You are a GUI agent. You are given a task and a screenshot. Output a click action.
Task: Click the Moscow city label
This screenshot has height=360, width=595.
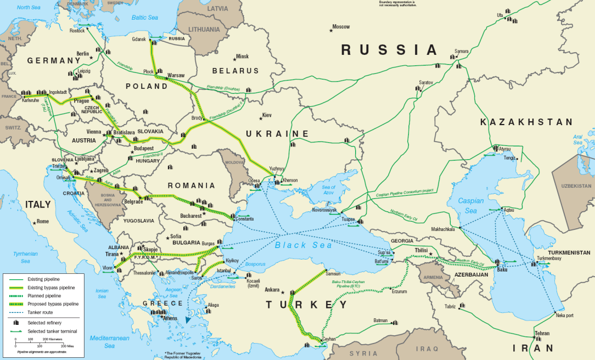(x=341, y=27)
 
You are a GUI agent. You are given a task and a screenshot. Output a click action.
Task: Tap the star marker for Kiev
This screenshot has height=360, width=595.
(x=262, y=118)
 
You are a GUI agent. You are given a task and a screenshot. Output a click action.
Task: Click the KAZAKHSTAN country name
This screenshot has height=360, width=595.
(x=526, y=122)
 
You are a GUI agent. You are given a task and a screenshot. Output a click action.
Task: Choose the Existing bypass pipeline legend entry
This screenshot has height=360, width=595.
(x=41, y=288)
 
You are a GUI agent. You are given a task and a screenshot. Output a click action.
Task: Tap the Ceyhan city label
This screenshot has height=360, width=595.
(x=329, y=339)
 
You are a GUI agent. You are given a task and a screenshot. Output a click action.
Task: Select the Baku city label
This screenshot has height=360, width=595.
(x=502, y=269)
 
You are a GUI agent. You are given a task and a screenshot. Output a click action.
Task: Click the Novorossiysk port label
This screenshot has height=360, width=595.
(x=324, y=210)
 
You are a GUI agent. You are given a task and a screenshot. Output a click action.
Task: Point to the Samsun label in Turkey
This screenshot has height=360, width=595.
(x=333, y=273)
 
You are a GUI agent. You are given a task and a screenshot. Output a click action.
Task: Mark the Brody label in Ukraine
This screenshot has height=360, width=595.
(x=196, y=118)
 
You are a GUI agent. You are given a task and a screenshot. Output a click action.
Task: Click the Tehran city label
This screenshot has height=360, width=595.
(x=542, y=333)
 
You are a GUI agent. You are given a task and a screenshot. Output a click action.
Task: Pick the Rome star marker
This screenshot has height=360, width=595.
(x=35, y=222)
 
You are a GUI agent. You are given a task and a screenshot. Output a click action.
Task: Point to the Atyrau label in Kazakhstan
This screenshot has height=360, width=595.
(x=504, y=149)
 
